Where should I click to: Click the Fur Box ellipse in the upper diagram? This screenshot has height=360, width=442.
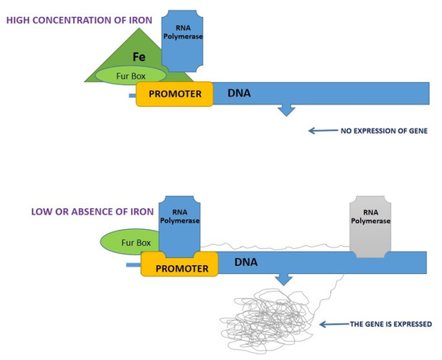point(132,74)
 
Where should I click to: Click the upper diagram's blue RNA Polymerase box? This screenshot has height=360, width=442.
point(186,42)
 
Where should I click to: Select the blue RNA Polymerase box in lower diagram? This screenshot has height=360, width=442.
point(181,229)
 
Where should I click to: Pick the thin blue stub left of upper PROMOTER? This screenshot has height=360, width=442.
point(132,96)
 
